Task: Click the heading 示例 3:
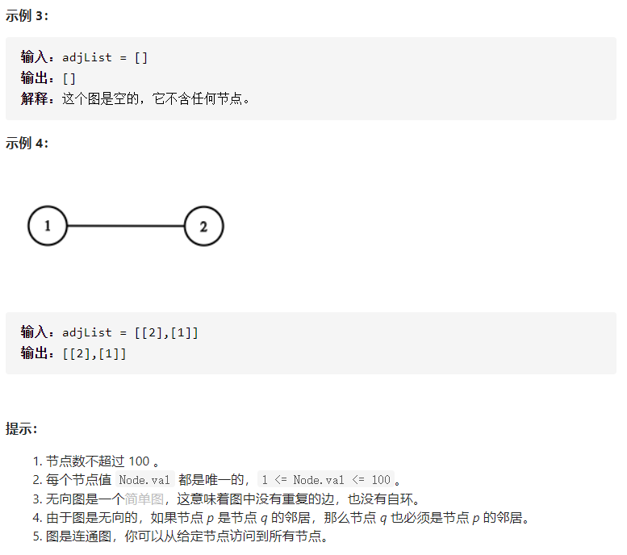(27, 15)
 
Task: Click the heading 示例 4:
(27, 143)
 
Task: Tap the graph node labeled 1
(48, 226)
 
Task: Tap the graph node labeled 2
(204, 226)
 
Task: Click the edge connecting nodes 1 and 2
(126, 226)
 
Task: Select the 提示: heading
(21, 428)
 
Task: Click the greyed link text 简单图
(144, 499)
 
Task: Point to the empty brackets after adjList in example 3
(141, 57)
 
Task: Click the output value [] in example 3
(69, 78)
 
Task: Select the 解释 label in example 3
(34, 98)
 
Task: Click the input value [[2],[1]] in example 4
(166, 332)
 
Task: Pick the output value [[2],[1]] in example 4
(94, 353)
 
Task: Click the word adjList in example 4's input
(87, 332)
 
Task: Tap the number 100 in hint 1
(139, 461)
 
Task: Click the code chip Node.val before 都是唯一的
(144, 480)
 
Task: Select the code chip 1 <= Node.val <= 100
(326, 480)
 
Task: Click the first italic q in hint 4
(264, 518)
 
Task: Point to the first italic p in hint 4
(211, 518)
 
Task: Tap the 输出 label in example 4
(34, 353)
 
